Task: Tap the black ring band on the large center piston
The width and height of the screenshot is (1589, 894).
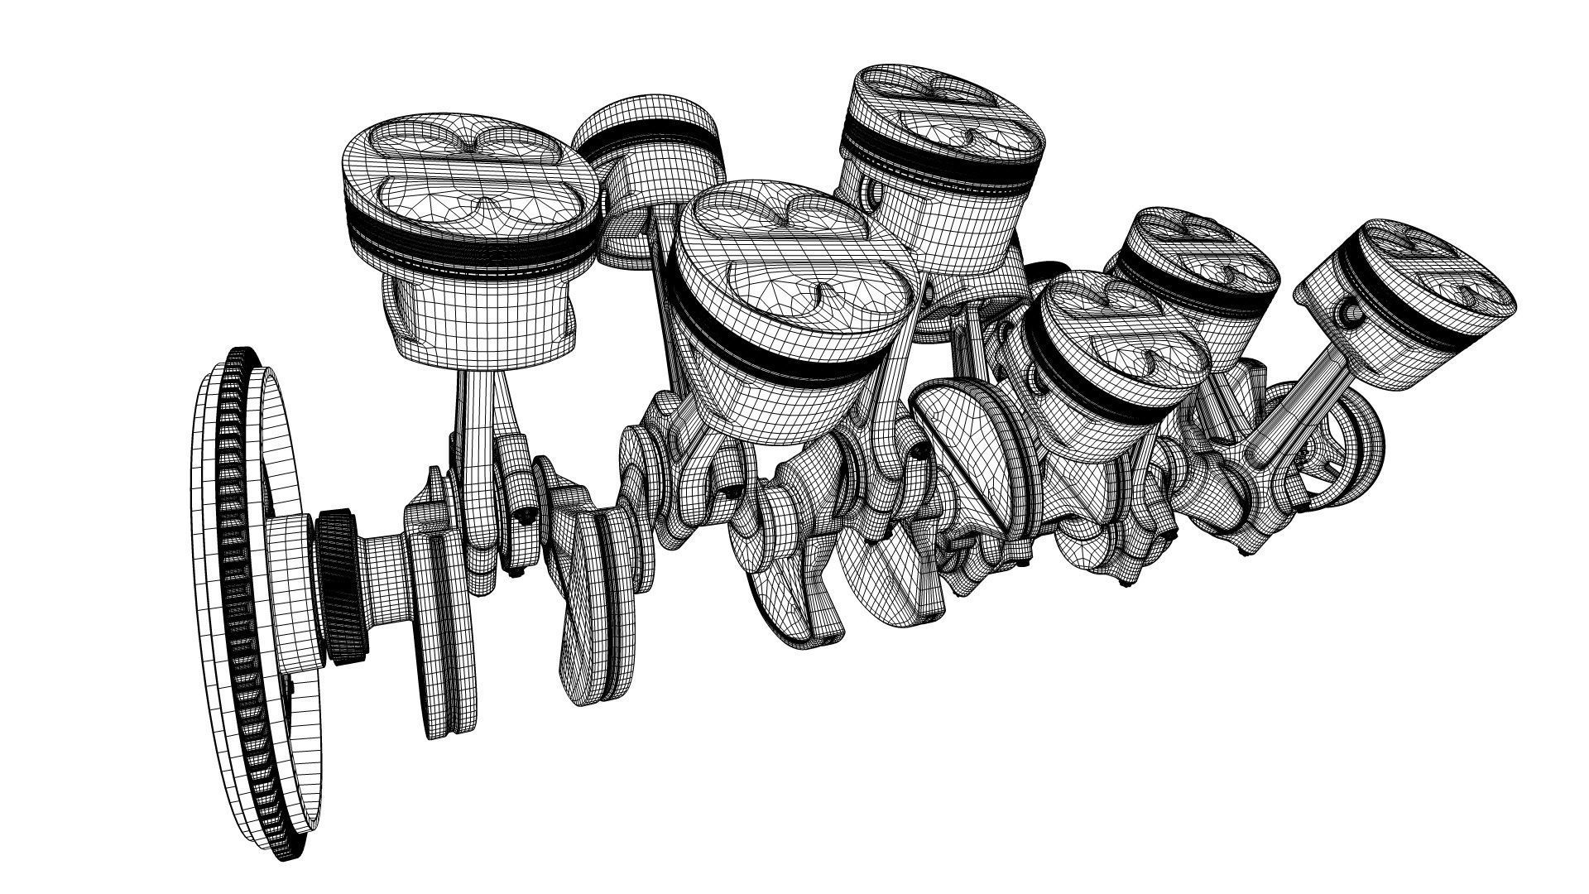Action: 794,364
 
